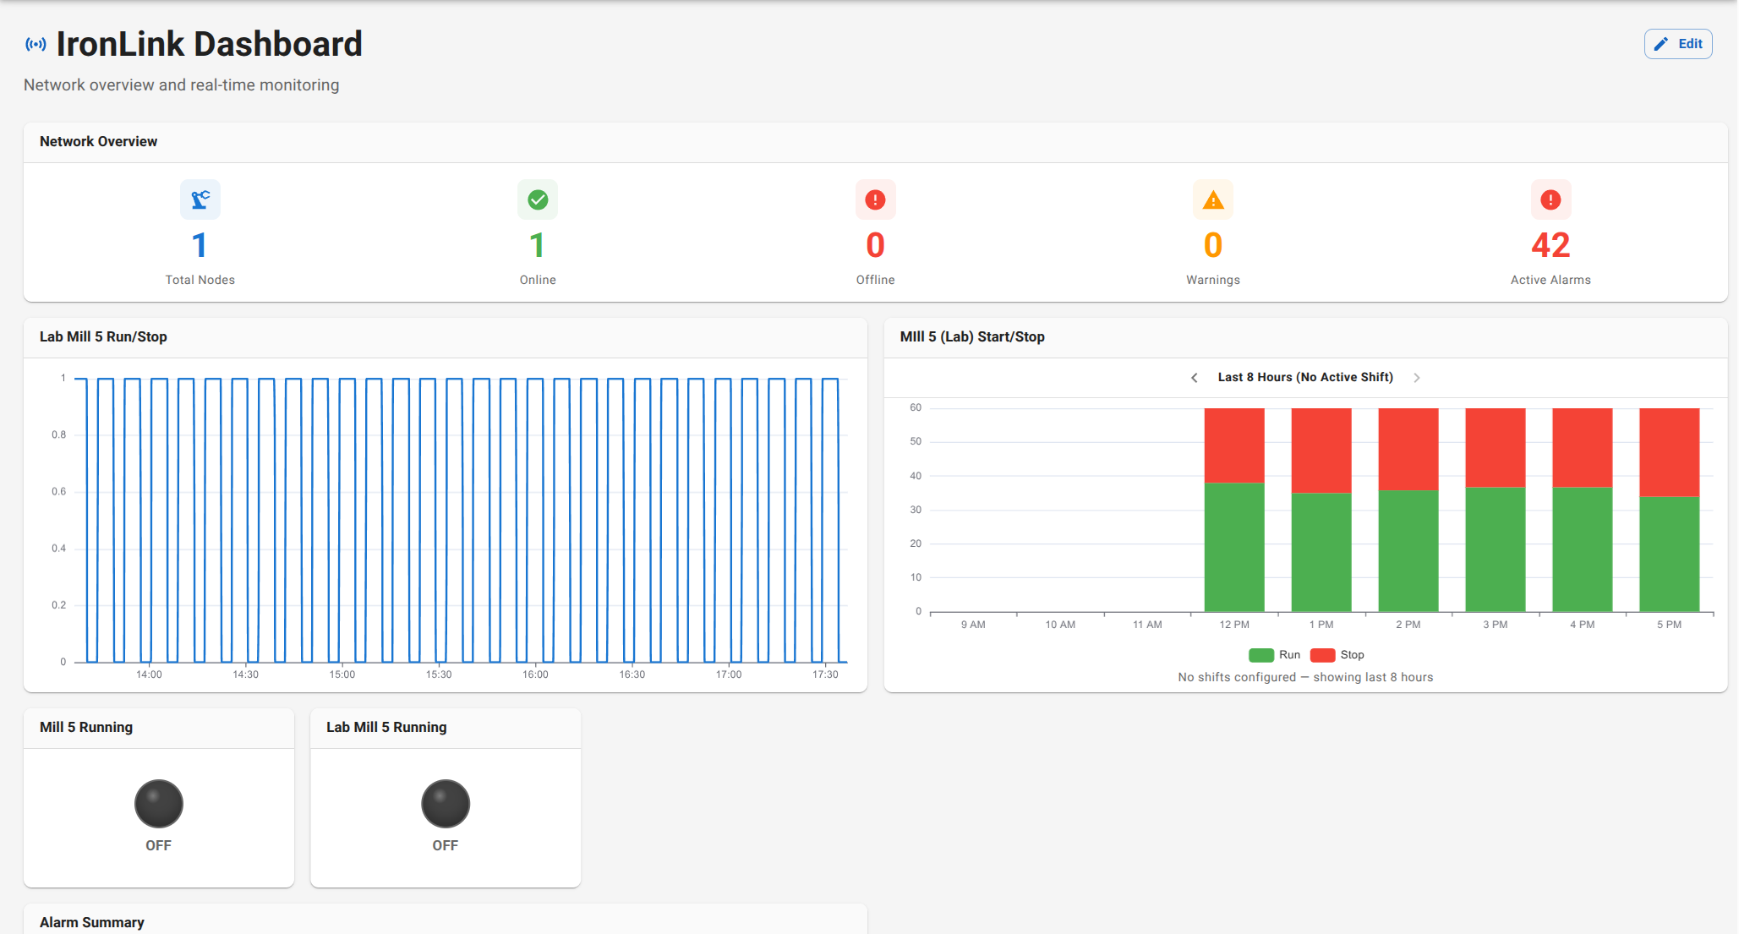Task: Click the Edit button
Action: (x=1677, y=44)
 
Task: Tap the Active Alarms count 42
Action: (x=1550, y=245)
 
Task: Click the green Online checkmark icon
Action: (x=538, y=199)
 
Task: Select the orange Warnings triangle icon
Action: (x=1212, y=199)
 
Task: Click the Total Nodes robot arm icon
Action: (x=200, y=199)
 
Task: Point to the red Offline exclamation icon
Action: (x=875, y=199)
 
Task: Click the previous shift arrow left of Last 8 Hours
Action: (x=1194, y=378)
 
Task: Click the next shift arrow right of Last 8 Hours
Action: (x=1417, y=378)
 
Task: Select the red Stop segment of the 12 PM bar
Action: (x=1233, y=445)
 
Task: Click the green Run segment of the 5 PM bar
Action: (x=1669, y=554)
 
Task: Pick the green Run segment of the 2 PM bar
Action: (x=1408, y=550)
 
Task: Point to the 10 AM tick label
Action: (x=1060, y=625)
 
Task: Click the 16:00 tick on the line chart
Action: (x=535, y=675)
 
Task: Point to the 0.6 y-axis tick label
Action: (x=58, y=491)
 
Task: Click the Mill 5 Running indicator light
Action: (x=159, y=803)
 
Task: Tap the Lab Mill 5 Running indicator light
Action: (x=446, y=803)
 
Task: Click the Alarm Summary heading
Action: (x=92, y=922)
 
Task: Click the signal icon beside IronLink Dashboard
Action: (x=36, y=44)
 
